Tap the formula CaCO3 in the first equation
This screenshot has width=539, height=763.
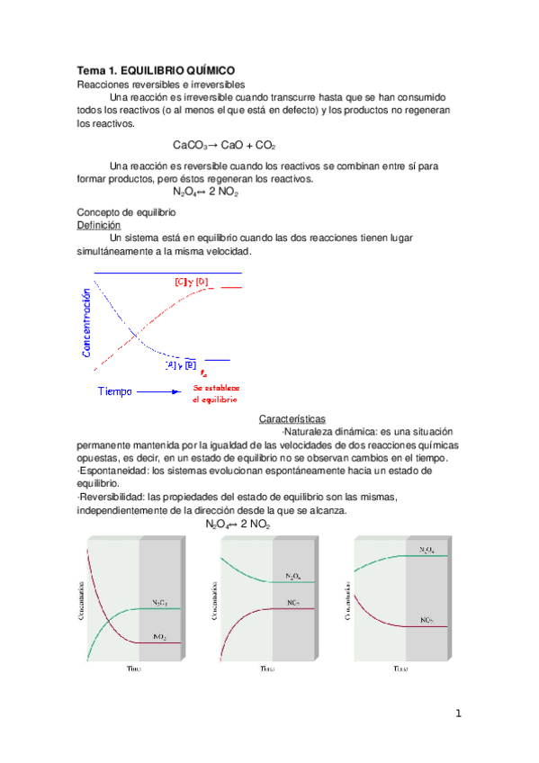(190, 145)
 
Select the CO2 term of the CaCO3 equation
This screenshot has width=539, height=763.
(265, 145)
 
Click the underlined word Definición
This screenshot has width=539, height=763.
(98, 225)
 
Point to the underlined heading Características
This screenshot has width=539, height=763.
(292, 419)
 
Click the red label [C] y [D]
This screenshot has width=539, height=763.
(191, 282)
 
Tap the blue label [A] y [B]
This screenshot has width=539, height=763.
(180, 364)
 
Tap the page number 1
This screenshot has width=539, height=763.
(458, 714)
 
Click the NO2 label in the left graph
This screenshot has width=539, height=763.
(159, 636)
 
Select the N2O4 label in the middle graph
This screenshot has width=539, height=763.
(293, 576)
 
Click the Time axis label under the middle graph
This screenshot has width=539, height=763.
(267, 669)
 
